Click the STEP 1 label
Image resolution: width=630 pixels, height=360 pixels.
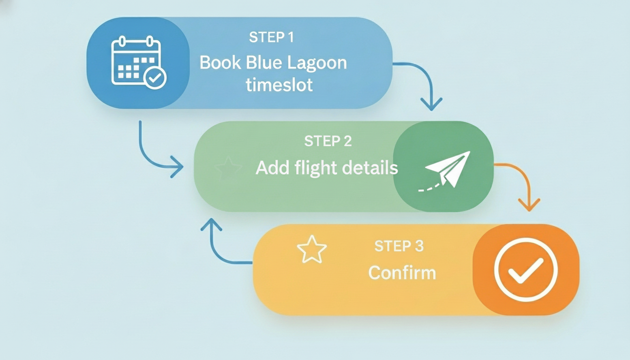271,37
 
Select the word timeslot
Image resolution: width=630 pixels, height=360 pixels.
279,86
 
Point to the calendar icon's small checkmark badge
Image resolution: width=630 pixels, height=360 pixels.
155,77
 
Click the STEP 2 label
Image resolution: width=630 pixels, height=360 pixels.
328,141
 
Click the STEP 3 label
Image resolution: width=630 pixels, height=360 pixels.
399,246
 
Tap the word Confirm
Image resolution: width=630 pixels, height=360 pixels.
402,273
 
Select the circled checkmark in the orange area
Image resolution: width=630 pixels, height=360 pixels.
526,270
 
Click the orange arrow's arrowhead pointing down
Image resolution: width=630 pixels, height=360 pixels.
529,205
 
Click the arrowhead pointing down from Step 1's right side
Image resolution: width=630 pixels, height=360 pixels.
431,104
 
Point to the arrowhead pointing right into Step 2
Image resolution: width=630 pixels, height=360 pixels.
177,166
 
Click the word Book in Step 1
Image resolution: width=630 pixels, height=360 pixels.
219,63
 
